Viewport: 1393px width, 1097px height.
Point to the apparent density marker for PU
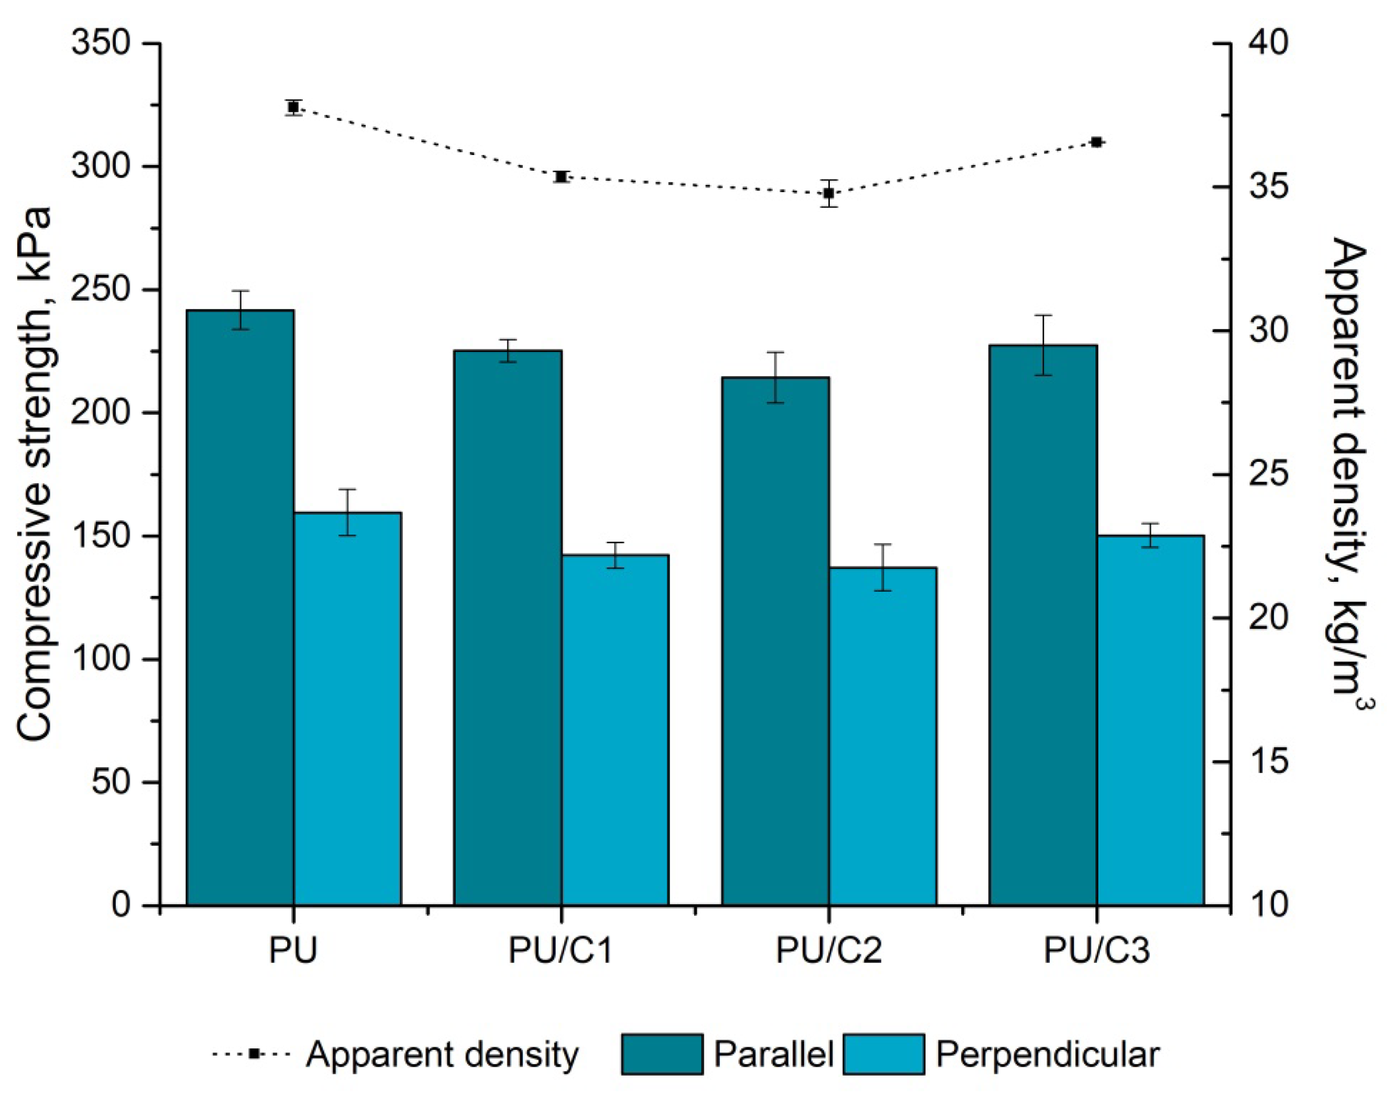tap(293, 107)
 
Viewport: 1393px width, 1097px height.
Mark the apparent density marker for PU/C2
tap(829, 193)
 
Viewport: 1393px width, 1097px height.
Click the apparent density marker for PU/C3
tap(1097, 142)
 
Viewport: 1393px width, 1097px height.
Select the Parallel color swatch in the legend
tap(662, 1054)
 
